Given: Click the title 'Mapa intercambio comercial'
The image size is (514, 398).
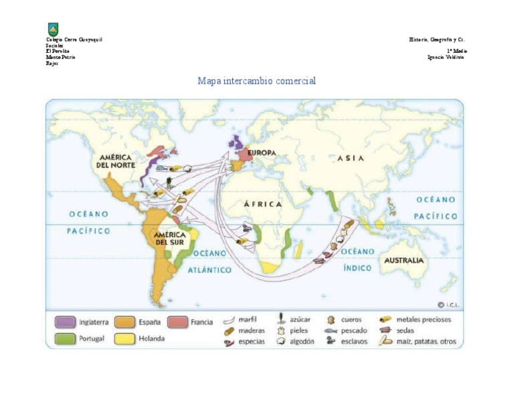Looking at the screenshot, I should [x=256, y=81].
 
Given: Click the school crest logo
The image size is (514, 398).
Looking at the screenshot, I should [x=53, y=29].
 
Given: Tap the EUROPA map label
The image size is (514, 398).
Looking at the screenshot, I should [x=262, y=153].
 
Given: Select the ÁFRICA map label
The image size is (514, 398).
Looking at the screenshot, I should [x=263, y=204].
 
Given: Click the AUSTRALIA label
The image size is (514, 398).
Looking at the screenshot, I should [x=404, y=260].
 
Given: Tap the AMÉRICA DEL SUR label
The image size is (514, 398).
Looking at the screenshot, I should [x=169, y=239].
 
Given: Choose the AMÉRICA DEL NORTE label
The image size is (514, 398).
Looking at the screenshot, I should [x=116, y=160].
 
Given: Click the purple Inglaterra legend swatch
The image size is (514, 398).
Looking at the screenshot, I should [x=65, y=322].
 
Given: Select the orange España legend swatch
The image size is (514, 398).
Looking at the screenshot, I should [x=124, y=322].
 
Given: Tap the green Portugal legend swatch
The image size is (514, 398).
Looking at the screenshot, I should [x=65, y=338].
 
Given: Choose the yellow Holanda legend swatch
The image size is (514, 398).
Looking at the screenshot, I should [x=124, y=338].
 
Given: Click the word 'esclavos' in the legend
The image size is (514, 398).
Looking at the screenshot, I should [x=354, y=341].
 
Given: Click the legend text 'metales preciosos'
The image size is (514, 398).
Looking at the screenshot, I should [x=424, y=320].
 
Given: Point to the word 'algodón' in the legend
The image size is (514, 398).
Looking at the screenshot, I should [x=303, y=341].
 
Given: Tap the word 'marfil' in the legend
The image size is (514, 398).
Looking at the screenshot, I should [x=248, y=320].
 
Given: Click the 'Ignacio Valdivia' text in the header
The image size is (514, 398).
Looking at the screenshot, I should [x=446, y=57].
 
